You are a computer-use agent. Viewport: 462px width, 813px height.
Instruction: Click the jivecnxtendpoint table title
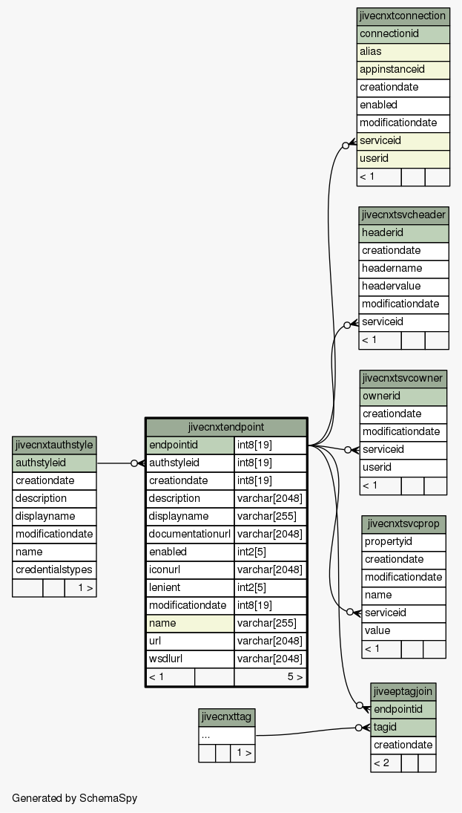point(226,427)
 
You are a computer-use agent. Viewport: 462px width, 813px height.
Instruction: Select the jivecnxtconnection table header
point(403,16)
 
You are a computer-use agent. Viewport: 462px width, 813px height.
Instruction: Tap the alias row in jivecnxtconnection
point(403,52)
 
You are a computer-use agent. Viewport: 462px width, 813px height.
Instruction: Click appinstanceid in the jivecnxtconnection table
point(403,70)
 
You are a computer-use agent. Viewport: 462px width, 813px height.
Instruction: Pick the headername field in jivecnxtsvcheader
point(403,269)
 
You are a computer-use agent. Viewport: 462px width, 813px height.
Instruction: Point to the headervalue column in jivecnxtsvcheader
point(403,286)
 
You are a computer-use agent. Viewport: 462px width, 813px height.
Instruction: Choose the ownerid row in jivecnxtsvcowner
point(403,396)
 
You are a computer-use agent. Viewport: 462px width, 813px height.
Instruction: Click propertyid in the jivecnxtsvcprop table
point(403,542)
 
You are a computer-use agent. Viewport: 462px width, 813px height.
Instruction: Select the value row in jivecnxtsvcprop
point(403,631)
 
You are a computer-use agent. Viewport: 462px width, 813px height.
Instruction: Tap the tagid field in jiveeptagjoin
point(403,728)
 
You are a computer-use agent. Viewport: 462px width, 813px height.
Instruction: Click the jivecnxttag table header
point(226,718)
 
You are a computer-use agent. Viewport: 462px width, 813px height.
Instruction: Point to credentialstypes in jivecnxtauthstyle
point(54,569)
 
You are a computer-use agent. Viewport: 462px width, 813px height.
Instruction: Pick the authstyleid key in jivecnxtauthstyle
point(54,463)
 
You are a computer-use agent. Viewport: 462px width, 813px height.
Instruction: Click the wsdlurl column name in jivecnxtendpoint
point(190,659)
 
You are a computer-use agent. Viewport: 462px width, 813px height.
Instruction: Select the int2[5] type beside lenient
point(271,588)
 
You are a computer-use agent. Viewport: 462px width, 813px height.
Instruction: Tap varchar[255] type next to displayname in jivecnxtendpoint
point(271,517)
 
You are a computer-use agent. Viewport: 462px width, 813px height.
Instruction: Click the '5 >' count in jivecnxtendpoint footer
point(295,677)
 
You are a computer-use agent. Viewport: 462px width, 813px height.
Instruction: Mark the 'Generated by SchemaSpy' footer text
point(75,798)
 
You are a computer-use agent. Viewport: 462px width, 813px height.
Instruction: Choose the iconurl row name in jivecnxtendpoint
point(190,569)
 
